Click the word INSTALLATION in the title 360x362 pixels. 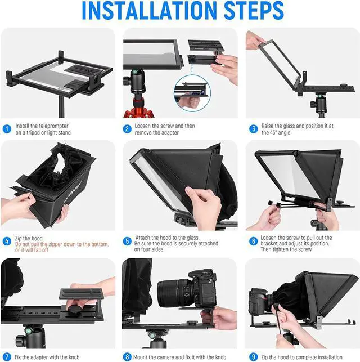coord(143,11)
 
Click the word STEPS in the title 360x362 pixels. coord(249,11)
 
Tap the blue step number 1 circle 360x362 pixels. coord(7,128)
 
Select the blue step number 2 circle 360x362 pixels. coord(128,128)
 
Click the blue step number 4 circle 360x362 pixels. coord(7,241)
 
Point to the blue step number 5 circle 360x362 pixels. coord(128,241)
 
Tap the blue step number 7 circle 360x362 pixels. coord(7,357)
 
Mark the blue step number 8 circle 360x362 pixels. coord(128,357)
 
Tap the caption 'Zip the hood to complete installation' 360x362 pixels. coord(303,357)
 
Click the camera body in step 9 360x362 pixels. coord(260,301)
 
